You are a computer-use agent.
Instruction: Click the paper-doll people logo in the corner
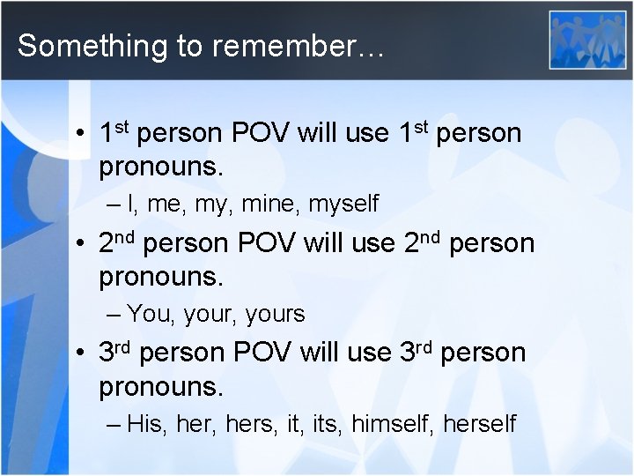587,40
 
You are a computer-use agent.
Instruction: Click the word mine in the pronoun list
263,204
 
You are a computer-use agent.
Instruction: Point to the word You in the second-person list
146,313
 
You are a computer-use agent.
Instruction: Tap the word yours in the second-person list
275,313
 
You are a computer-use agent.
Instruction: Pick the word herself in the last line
479,423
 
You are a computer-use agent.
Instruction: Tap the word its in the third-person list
326,423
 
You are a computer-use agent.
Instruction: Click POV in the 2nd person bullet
264,242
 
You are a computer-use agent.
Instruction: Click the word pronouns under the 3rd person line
161,385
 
